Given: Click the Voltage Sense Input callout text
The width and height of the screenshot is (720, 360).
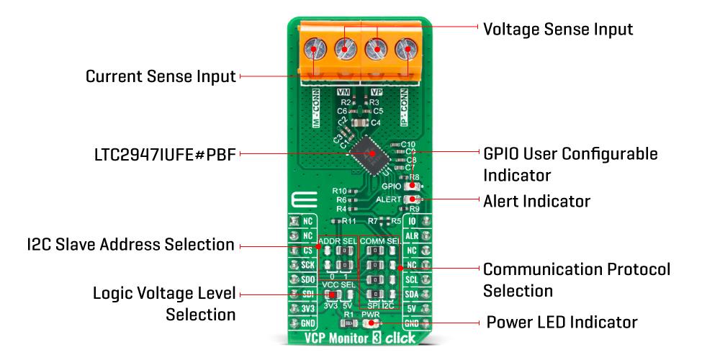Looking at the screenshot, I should coord(558,30).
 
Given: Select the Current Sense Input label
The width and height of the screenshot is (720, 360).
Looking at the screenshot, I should coord(161,76).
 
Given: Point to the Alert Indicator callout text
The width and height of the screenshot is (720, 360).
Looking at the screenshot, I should coord(536,201).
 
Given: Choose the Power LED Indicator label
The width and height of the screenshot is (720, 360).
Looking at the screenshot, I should coord(562,322).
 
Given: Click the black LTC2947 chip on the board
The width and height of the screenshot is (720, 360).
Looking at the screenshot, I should coord(372,153).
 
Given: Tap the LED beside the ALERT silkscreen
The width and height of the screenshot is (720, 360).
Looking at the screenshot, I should coord(412,198).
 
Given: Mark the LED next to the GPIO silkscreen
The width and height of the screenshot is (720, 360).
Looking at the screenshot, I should coord(412,186).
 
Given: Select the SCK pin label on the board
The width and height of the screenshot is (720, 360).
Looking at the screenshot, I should coord(307,264).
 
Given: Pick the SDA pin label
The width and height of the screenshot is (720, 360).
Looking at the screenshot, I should coord(413,294).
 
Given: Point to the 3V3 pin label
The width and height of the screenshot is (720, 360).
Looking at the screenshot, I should coord(307,308).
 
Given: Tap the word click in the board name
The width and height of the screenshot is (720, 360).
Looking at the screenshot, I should coord(400,338).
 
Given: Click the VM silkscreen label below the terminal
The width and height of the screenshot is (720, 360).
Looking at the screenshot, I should coord(345,92).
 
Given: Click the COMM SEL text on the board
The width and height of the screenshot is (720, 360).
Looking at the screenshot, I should coord(380,240).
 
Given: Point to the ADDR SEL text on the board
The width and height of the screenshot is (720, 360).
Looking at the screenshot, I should coord(338,240).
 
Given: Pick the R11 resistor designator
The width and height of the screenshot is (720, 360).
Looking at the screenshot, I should coord(349,220).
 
